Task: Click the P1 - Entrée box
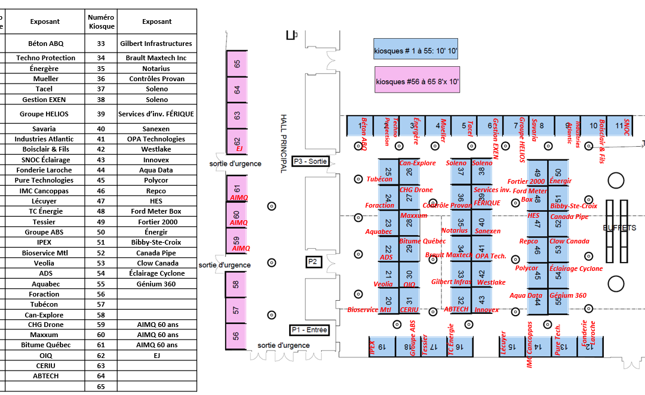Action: point(309,330)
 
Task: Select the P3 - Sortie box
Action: point(311,161)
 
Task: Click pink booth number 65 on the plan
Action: point(237,64)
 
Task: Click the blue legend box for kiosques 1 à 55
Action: point(415,51)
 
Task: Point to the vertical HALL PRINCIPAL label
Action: point(284,143)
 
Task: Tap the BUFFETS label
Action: point(619,228)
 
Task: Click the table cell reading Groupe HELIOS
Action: point(44,114)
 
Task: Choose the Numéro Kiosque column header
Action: point(101,21)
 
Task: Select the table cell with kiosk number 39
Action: point(101,114)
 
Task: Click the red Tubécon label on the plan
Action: point(379,179)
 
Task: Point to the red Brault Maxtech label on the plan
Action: point(449,255)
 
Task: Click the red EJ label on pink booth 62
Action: point(239,149)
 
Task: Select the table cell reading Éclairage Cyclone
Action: point(157,273)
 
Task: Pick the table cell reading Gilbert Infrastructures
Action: point(156,44)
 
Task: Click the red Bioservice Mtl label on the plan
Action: point(369,310)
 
